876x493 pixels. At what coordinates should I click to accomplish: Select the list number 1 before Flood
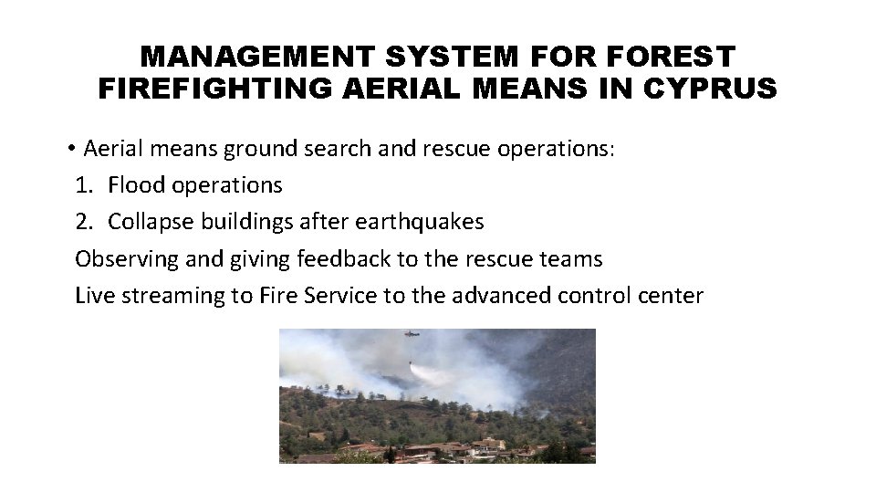[x=83, y=185]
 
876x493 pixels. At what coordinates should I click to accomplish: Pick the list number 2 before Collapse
[x=83, y=222]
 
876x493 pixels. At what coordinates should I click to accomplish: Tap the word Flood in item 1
[x=133, y=185]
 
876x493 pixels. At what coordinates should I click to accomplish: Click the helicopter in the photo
[x=412, y=335]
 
